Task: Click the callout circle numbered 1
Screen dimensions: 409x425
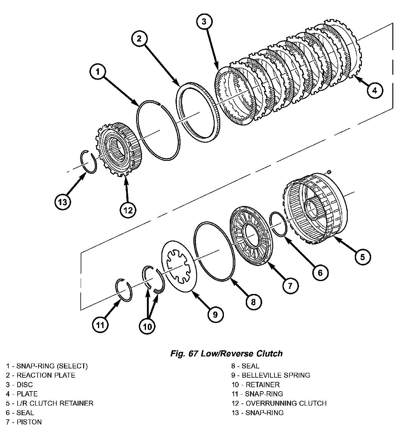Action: pyautogui.click(x=98, y=72)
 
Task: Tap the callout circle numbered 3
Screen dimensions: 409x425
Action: pyautogui.click(x=204, y=22)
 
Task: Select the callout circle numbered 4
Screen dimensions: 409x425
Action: pyautogui.click(x=375, y=90)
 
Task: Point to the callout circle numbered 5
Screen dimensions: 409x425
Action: pyautogui.click(x=362, y=257)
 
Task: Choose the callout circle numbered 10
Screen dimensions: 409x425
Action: pyautogui.click(x=147, y=327)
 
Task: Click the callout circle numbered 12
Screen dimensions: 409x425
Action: pyautogui.click(x=128, y=210)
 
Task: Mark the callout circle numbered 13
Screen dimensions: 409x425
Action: pyautogui.click(x=63, y=202)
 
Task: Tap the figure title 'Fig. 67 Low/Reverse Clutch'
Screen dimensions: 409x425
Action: pyautogui.click(x=226, y=353)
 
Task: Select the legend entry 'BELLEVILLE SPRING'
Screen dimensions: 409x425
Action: pyautogui.click(x=271, y=375)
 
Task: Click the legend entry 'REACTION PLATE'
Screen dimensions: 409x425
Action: pyautogui.click(x=40, y=375)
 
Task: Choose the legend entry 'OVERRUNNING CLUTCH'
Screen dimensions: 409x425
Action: pyautogui.click(x=279, y=403)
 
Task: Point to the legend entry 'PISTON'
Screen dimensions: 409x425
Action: pyautogui.click(x=24, y=422)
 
